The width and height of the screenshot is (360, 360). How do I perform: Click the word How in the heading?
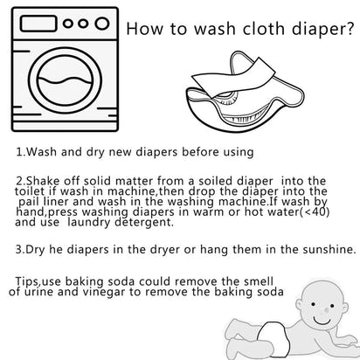point(146,30)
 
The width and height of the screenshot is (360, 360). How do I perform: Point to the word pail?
point(35,203)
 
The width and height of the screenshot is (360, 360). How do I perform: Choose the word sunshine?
point(322,249)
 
